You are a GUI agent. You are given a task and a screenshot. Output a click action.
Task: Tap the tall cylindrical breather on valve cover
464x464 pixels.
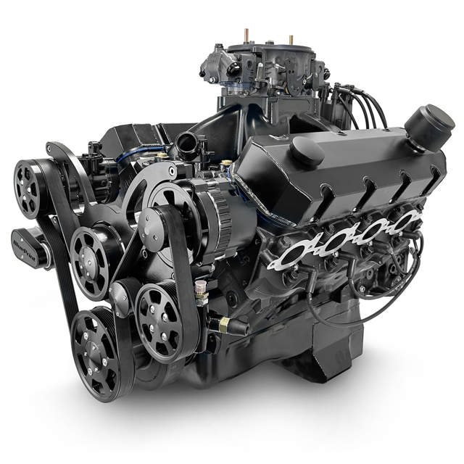tap(428, 125)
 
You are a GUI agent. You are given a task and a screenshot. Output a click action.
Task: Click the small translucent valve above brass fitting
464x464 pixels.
tap(201, 294)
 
